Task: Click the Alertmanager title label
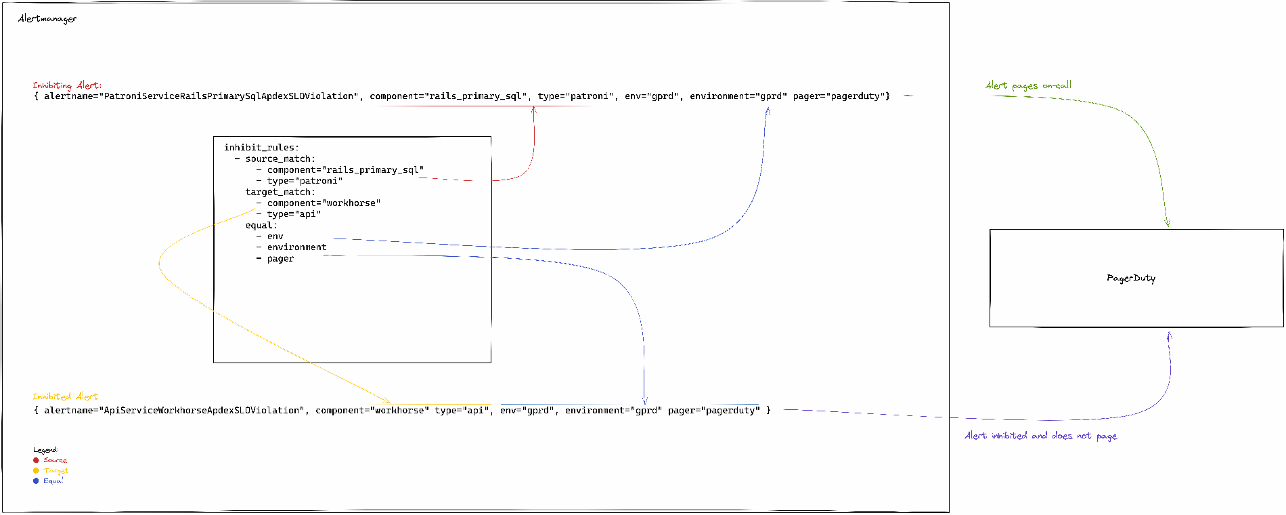coord(47,19)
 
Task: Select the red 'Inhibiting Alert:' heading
coord(67,85)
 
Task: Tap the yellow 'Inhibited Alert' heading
coord(65,396)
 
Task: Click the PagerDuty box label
coord(1131,278)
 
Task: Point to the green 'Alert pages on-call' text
coord(1028,85)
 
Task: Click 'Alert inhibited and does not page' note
coord(1040,436)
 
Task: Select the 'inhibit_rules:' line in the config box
coord(261,147)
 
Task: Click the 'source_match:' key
coord(280,159)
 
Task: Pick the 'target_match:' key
coord(280,192)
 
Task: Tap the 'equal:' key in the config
coord(261,225)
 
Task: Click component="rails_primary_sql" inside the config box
coord(345,169)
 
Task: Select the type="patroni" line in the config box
coord(305,181)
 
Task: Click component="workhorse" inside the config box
coord(324,203)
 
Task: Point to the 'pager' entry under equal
coord(280,258)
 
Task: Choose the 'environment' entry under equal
coord(296,247)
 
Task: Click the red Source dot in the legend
coord(36,460)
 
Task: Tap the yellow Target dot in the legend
coord(36,470)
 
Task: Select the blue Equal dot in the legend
coord(36,480)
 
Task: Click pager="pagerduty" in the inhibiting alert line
coord(839,96)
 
